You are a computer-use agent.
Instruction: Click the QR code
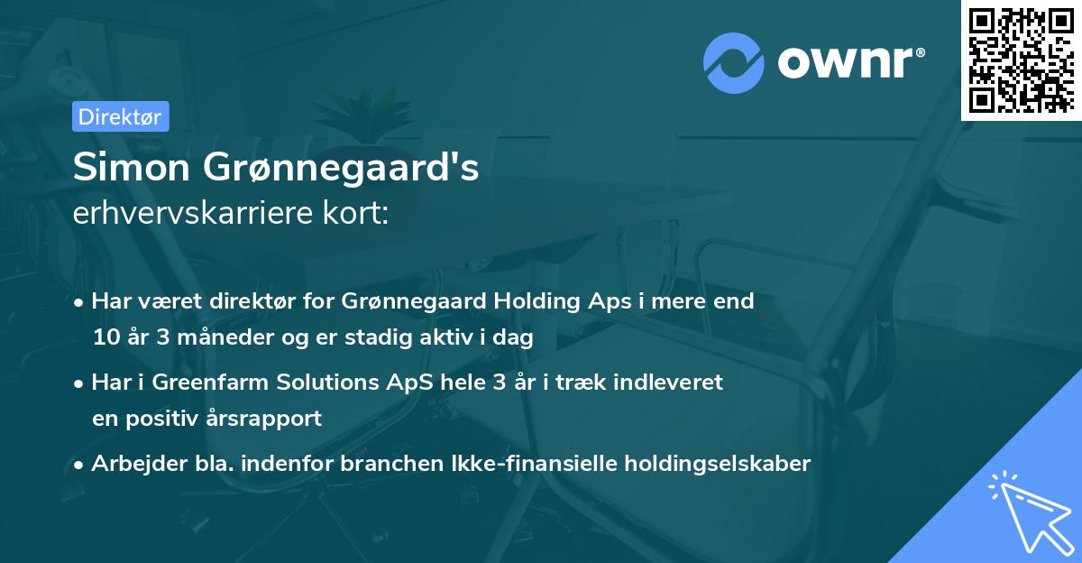click(x=1021, y=60)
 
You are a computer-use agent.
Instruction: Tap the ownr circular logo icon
click(x=733, y=64)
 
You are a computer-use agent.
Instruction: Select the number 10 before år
click(x=105, y=338)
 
